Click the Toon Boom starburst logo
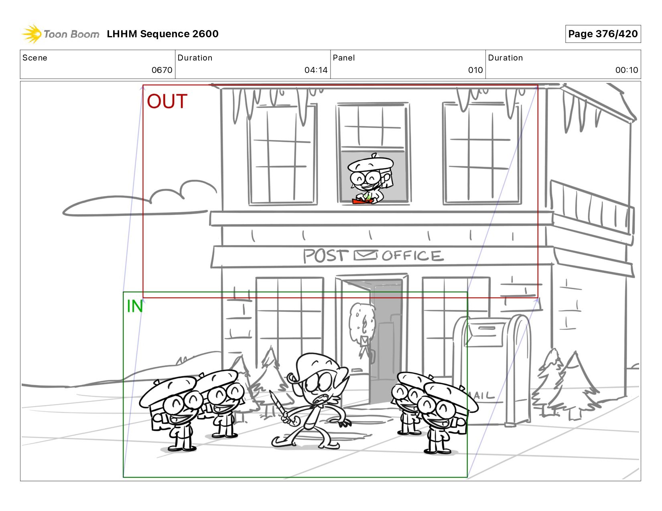pyautogui.click(x=32, y=34)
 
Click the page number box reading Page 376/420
pyautogui.click(x=603, y=34)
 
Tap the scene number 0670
pyautogui.click(x=162, y=70)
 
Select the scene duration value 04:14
pyautogui.click(x=316, y=70)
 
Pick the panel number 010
pyautogui.click(x=475, y=70)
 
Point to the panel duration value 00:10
pyautogui.click(x=626, y=70)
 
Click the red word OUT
pyautogui.click(x=167, y=101)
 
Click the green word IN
pyautogui.click(x=135, y=306)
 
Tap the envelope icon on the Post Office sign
pyautogui.click(x=365, y=255)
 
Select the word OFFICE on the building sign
pyautogui.click(x=412, y=256)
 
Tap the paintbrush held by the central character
pyautogui.click(x=280, y=408)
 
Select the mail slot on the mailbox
pyautogui.click(x=487, y=328)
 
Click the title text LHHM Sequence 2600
pyautogui.click(x=162, y=34)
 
